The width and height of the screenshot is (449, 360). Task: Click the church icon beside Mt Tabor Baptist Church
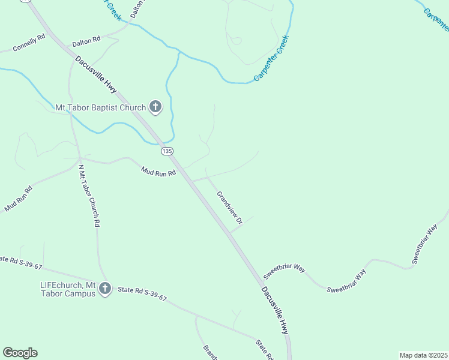pos(155,107)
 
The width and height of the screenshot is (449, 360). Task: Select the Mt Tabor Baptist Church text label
pos(101,108)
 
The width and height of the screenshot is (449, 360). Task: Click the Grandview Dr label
pos(229,208)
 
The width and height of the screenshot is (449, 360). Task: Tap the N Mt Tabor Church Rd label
pos(89,194)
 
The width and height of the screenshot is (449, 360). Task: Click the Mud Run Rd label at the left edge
pos(18,199)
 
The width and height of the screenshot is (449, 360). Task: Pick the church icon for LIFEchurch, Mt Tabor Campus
pos(105,289)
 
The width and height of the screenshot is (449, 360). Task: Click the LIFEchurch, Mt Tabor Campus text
pos(68,289)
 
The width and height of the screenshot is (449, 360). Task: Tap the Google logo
pos(20,353)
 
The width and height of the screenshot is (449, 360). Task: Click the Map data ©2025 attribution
pos(423,355)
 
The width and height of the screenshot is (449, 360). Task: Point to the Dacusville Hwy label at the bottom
pos(275,310)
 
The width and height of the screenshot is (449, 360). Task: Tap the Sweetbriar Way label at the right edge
pos(425,245)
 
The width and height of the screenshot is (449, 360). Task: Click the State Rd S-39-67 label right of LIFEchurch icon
pos(142,294)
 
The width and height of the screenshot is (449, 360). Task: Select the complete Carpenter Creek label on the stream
pos(271,59)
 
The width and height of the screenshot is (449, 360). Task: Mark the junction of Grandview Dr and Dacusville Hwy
pos(231,233)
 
